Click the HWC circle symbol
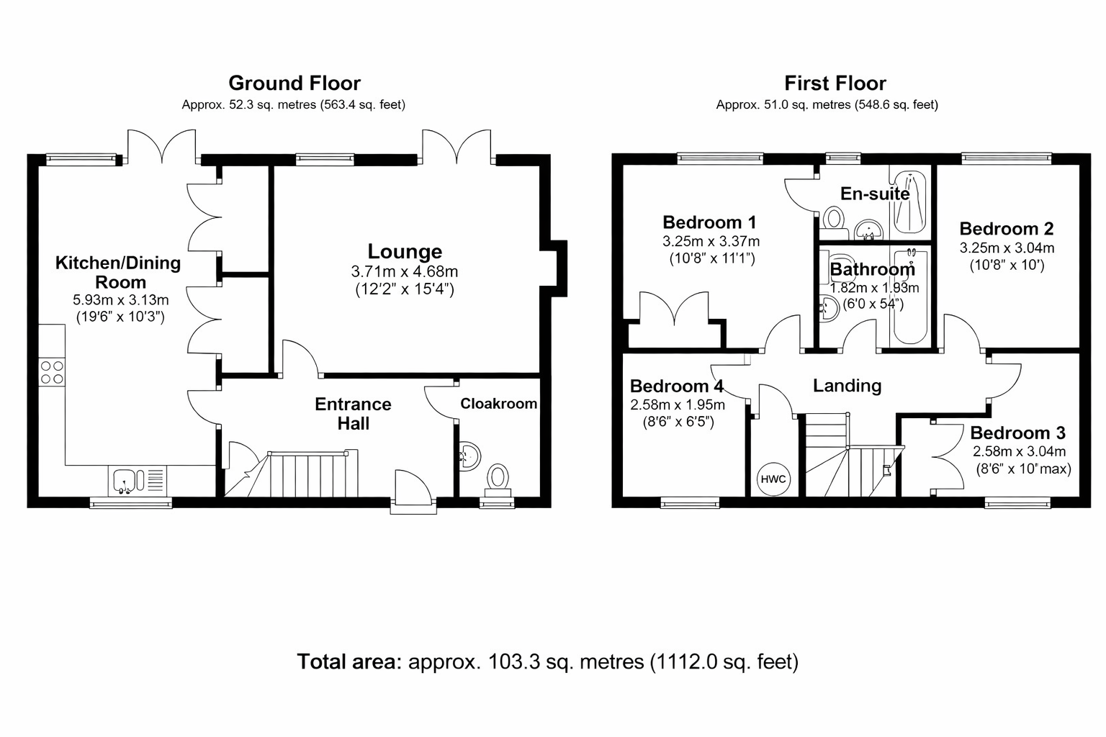(773, 479)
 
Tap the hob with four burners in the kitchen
(52, 371)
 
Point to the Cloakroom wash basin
(469, 456)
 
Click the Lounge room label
(405, 251)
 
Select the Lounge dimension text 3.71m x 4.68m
(405, 271)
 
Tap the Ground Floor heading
(295, 83)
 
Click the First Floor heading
(835, 83)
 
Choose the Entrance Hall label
(353, 414)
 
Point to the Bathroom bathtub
(911, 296)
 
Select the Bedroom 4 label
(676, 386)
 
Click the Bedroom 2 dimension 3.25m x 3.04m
(1007, 248)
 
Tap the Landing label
(848, 386)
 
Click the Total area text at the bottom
(547, 661)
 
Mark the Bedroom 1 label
(709, 222)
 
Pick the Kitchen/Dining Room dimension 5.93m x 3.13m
(121, 299)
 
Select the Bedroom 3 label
(1017, 433)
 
